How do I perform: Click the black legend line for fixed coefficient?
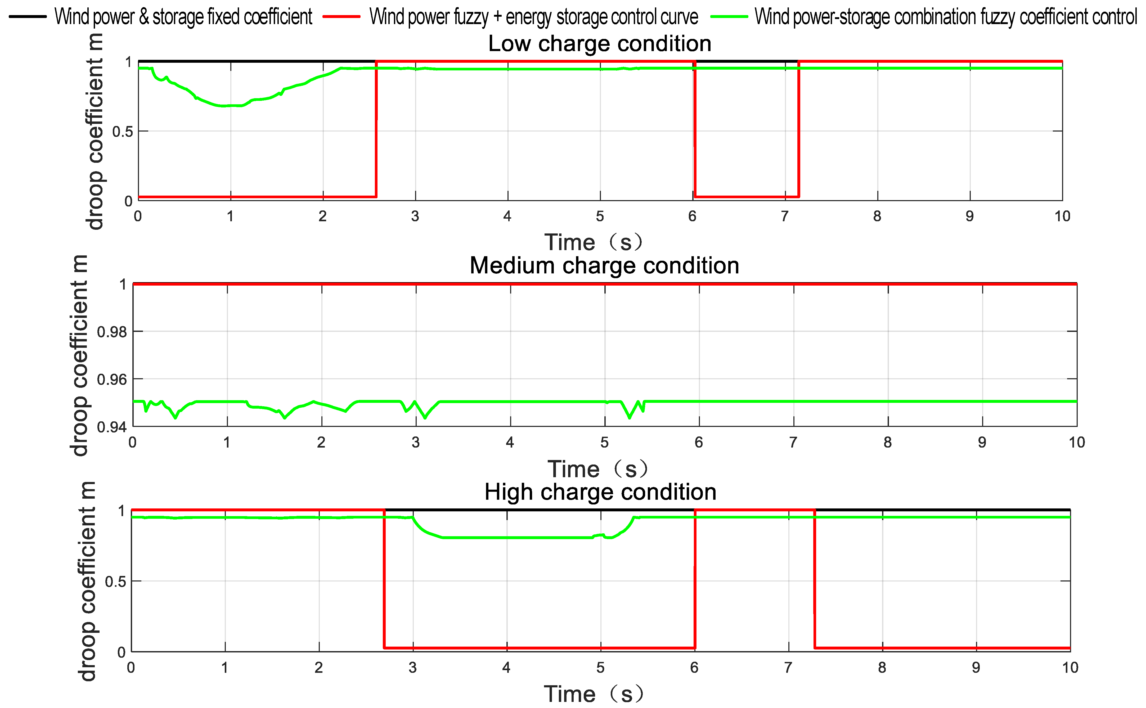pos(28,16)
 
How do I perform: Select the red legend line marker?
pos(341,16)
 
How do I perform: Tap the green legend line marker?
pos(729,16)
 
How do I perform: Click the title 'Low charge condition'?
pos(599,44)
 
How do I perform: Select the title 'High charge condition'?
pos(600,492)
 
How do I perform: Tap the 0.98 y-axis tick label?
pos(111,332)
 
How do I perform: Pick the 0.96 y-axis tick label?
pos(111,379)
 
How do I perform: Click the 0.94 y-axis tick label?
pos(111,427)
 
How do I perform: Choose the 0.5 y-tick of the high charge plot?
pos(115,581)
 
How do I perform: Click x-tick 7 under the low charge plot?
pos(784,216)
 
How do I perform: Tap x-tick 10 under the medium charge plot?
pos(1076,443)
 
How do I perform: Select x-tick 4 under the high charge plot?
pos(506,668)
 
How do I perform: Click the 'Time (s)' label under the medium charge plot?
pos(597,469)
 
